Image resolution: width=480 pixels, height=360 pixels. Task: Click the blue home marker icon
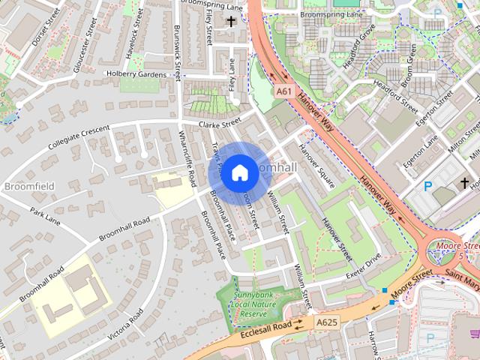[239, 173]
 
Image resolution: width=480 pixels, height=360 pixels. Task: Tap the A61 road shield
[283, 91]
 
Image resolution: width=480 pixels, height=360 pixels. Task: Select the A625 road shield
[327, 322]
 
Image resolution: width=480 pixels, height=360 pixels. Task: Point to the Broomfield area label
[28, 185]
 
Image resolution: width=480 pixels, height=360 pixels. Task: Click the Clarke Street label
[219, 123]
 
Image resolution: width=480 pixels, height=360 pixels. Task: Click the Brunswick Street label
[178, 49]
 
